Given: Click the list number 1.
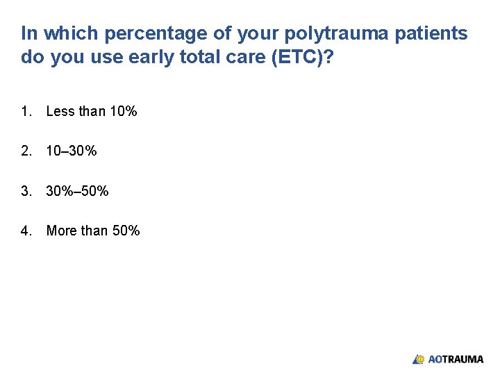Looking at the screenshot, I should [26, 111].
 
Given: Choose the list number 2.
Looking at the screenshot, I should [26, 151].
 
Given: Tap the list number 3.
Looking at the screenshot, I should [26, 191].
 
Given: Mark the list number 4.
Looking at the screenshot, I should [26, 231].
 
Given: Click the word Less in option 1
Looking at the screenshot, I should [60, 111].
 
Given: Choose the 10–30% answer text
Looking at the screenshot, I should [72, 151].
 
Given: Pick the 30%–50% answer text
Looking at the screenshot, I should [77, 191].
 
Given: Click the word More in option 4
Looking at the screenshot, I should [61, 231].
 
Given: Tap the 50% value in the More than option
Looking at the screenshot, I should [126, 231].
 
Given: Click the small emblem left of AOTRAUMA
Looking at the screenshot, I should [419, 359].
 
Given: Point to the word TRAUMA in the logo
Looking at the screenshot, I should [463, 359].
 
